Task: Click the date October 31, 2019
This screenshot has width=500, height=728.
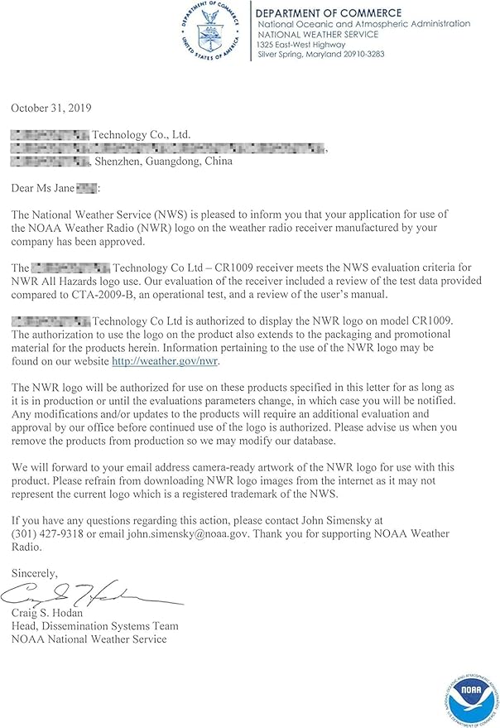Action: [x=51, y=108]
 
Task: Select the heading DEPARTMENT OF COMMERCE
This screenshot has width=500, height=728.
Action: [x=329, y=13]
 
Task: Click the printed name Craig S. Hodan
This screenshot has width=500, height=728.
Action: [x=52, y=613]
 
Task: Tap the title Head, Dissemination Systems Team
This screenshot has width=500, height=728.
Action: [x=94, y=626]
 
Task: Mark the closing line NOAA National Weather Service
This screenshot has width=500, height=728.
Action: [x=89, y=639]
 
